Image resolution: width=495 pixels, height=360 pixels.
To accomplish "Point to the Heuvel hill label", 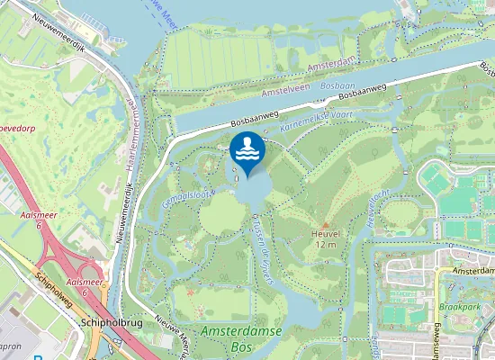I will pos(325,233).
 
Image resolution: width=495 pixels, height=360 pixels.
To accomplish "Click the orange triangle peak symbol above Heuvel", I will pos(325,224).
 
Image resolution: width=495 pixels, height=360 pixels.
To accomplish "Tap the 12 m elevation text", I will pos(325,244).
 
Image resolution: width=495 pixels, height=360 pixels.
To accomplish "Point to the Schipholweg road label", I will pos(53,288).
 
